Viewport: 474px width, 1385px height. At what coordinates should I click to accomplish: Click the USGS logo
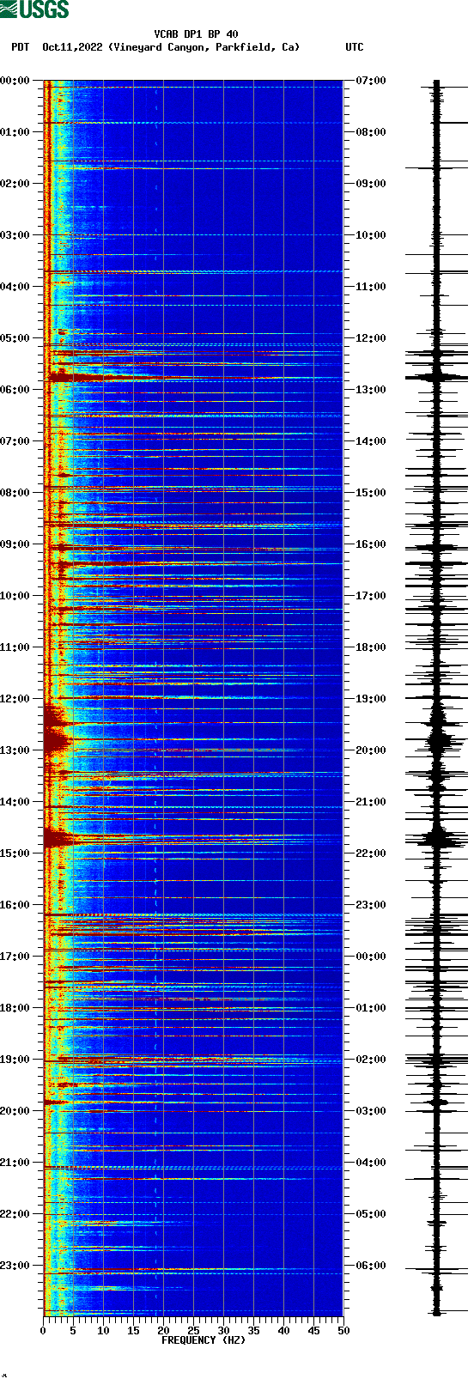coord(34,9)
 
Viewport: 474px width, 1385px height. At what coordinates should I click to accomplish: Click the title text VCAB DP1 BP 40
coord(196,34)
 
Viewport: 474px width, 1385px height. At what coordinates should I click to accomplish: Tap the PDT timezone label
coord(20,47)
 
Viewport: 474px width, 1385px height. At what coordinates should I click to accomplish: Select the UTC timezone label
coord(354,47)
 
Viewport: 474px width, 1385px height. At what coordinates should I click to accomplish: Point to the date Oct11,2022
coord(73,47)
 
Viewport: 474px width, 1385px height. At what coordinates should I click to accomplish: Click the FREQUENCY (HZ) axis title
coord(204,1339)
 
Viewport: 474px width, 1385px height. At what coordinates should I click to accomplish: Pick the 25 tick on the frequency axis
coord(193,1330)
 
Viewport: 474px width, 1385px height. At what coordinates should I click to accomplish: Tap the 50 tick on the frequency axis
coord(343,1330)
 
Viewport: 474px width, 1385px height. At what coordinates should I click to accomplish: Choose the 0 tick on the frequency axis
coord(43,1330)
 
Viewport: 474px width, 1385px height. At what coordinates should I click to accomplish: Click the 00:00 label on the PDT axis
coord(15,81)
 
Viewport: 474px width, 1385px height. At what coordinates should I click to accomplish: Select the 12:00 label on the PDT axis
coord(15,699)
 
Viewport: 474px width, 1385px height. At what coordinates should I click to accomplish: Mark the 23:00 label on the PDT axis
coord(15,1266)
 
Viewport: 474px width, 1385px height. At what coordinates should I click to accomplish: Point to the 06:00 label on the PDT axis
coord(15,390)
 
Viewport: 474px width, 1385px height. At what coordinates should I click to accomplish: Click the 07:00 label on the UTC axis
coord(371,81)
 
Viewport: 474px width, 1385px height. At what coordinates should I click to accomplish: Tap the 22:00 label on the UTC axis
coord(371,853)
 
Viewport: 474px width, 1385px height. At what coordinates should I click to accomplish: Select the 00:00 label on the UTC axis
coord(371,957)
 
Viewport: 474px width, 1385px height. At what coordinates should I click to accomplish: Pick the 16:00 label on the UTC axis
coord(371,544)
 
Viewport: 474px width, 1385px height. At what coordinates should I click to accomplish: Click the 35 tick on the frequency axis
coord(253,1330)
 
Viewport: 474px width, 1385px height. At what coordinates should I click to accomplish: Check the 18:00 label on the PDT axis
coord(15,1008)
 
